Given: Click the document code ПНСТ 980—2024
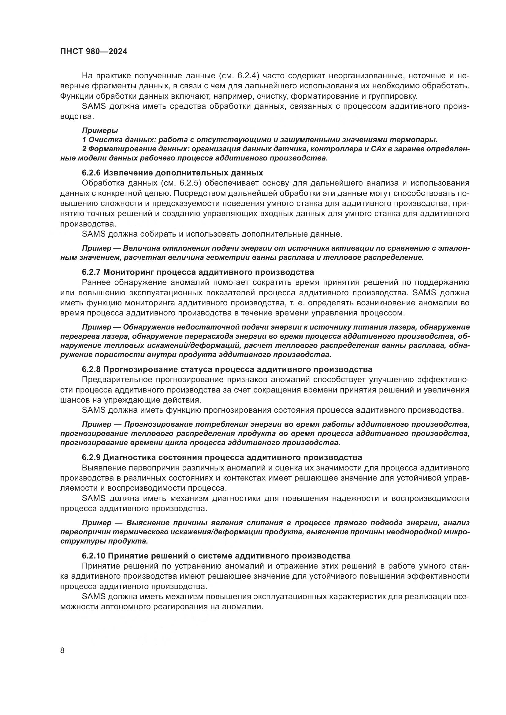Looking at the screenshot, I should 94,52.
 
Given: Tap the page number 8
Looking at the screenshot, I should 62,651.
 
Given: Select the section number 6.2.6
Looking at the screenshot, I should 91,173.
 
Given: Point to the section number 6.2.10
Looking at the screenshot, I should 94,556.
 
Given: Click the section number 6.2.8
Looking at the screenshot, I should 91,369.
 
